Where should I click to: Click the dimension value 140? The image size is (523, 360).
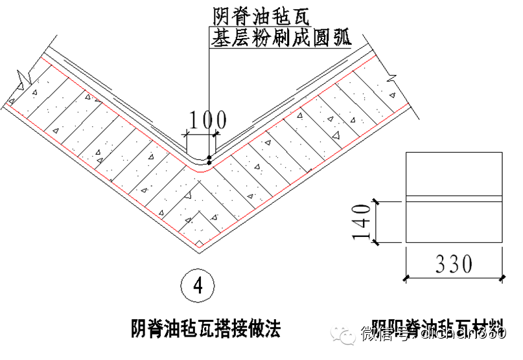(x=362, y=221)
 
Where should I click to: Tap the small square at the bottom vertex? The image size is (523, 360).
(x=200, y=243)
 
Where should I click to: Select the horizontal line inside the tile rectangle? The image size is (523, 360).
(x=453, y=196)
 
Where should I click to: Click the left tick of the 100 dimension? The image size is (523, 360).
(x=186, y=135)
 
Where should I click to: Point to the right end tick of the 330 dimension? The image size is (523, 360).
(x=502, y=277)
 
